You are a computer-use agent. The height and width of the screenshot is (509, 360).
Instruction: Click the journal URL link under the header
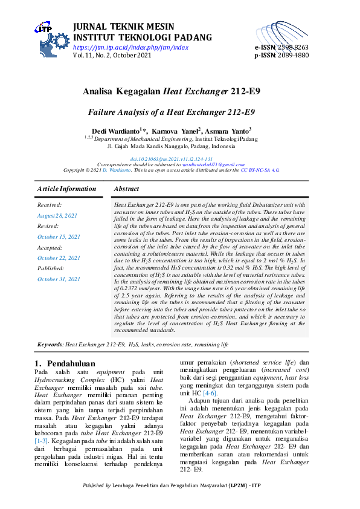click(x=130, y=47)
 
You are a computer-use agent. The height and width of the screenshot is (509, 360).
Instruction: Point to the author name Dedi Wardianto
click(x=115, y=131)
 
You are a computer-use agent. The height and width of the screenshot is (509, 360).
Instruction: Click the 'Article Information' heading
click(x=66, y=189)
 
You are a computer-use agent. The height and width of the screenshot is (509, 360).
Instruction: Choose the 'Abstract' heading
click(x=126, y=189)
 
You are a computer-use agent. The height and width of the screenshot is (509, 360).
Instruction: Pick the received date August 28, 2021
click(x=57, y=216)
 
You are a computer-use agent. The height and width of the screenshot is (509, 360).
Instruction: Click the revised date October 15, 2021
click(x=59, y=237)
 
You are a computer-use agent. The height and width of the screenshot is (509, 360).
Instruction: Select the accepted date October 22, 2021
click(x=59, y=258)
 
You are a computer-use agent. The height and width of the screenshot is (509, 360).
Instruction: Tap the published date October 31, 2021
click(x=59, y=279)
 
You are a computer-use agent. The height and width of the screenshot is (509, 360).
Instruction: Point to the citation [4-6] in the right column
click(x=209, y=394)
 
